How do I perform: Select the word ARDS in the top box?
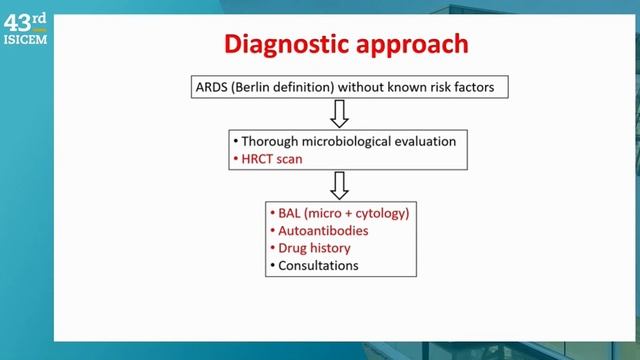209,87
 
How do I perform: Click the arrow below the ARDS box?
338,114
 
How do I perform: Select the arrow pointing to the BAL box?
338,185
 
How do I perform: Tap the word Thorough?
264,141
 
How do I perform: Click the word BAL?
283,213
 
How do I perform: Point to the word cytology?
377,213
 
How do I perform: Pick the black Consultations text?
314,265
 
